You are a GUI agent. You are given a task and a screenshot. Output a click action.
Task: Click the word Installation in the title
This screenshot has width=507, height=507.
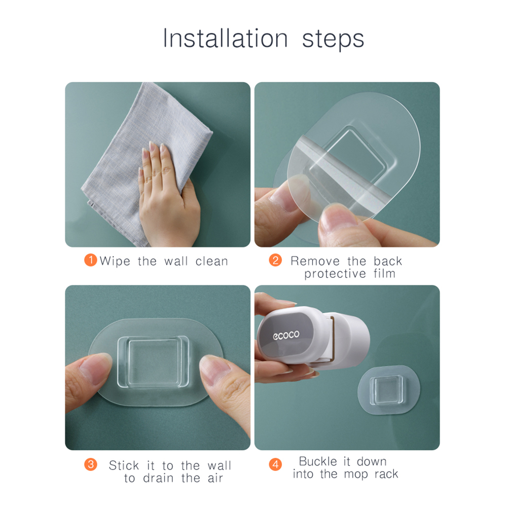click(226, 38)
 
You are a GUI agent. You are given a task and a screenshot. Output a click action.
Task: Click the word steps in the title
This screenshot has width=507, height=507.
click(333, 40)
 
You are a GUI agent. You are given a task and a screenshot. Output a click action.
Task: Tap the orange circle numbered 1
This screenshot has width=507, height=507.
click(91, 260)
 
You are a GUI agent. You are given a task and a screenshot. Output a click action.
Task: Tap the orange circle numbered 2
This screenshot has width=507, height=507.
click(275, 260)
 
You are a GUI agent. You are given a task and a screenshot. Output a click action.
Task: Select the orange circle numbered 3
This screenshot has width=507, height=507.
click(91, 464)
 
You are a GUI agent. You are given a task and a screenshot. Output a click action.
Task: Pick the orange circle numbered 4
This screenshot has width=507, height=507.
click(275, 464)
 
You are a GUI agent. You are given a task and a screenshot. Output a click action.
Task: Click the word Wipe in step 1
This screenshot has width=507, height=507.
click(115, 261)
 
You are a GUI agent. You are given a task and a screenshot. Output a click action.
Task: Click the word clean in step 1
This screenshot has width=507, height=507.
click(212, 261)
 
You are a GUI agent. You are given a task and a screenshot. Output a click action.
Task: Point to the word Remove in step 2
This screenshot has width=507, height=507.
click(315, 261)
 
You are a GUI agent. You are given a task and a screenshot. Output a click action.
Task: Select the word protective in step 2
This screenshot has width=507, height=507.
click(335, 274)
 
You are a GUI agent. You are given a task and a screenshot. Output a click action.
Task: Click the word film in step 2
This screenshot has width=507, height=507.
click(384, 274)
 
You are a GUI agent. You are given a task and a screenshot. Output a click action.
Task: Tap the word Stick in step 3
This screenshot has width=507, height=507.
click(124, 465)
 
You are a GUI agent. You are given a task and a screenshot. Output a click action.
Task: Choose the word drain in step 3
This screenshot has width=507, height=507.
click(158, 478)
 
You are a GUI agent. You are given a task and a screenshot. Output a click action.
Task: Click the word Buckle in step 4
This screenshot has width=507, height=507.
click(318, 461)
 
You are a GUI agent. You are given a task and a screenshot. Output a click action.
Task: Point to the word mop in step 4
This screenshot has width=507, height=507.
click(356, 475)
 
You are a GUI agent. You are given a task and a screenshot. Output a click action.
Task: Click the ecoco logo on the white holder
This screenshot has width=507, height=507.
click(286, 335)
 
